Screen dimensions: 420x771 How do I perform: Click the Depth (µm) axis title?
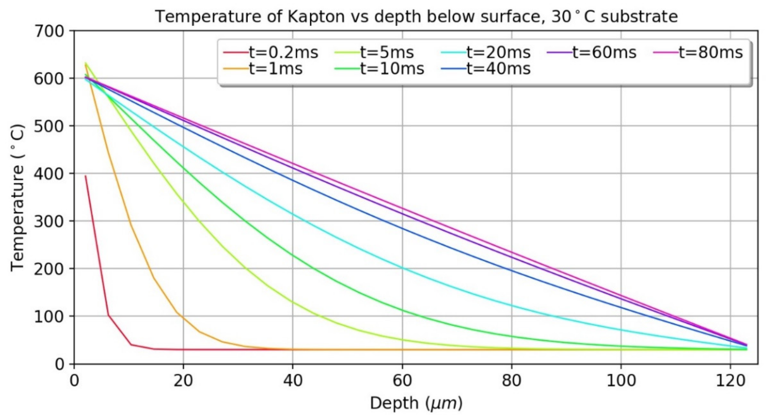(x=416, y=403)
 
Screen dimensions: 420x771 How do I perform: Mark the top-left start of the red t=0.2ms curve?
(x=86, y=176)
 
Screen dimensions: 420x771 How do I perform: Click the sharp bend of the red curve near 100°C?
(x=108, y=315)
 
